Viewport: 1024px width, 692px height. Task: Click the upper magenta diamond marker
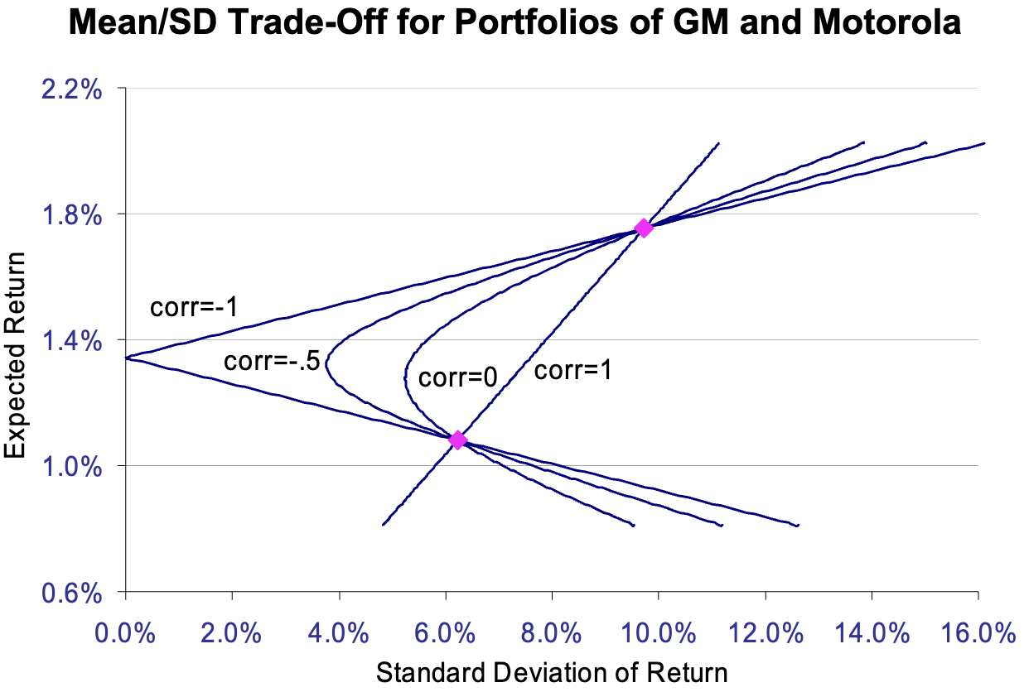click(643, 228)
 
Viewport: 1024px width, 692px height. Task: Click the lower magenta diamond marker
click(457, 440)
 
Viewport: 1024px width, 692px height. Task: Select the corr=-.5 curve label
click(272, 361)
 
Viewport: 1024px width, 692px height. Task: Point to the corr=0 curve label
click(457, 378)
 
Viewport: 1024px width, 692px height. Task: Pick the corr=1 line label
click(572, 371)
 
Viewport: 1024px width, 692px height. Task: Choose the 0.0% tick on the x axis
click(126, 636)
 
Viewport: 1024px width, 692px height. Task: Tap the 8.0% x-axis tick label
click(553, 636)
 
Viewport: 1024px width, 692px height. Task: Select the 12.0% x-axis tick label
click(766, 636)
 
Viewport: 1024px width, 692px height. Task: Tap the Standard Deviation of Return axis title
click(552, 672)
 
